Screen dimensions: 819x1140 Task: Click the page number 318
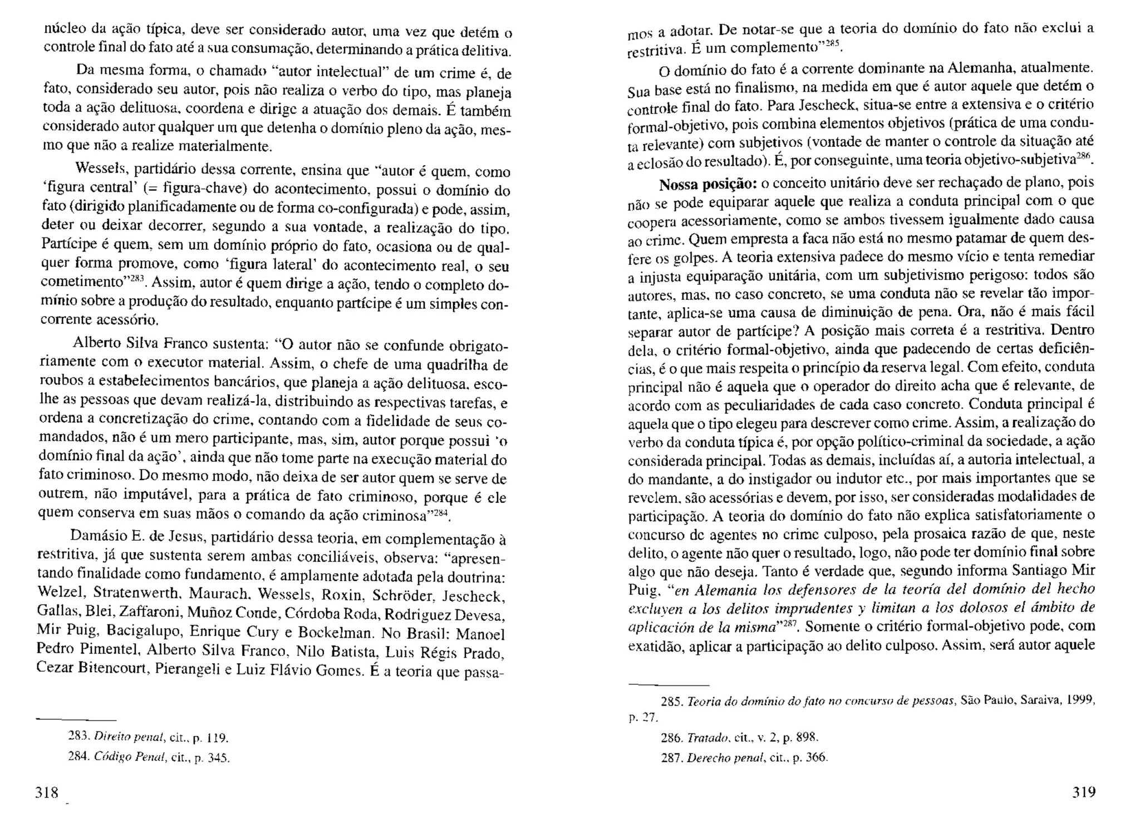tap(47, 792)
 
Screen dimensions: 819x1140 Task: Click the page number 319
tap(1083, 792)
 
